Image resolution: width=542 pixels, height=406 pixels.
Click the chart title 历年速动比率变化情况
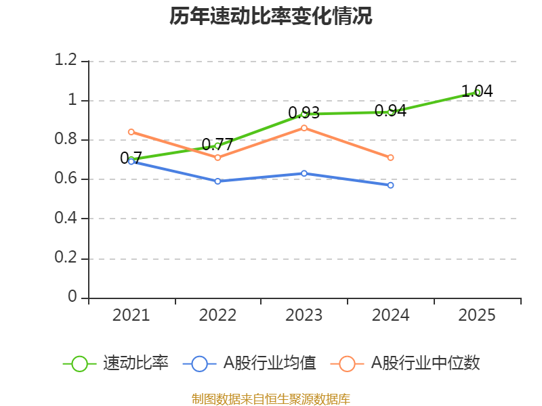tap(271, 16)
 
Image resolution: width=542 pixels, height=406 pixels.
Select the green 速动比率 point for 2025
tap(478, 92)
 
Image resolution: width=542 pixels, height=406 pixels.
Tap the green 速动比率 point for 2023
tap(304, 114)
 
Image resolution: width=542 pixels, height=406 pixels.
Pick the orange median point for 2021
tap(131, 132)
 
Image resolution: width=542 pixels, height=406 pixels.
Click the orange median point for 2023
tap(304, 128)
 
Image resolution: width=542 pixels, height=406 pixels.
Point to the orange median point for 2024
tap(391, 158)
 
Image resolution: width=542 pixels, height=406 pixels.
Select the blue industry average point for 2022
tap(217, 181)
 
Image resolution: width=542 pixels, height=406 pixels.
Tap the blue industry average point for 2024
tap(391, 185)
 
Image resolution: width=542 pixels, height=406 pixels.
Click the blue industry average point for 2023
tap(304, 173)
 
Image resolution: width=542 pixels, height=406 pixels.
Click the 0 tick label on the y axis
tap(72, 297)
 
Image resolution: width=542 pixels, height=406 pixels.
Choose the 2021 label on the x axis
tap(131, 315)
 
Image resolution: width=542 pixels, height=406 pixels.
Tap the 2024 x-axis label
tap(390, 315)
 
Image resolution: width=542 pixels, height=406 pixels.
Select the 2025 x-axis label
tap(477, 315)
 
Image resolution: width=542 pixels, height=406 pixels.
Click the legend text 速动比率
tap(135, 363)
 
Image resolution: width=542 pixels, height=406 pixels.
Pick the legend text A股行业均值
tap(270, 363)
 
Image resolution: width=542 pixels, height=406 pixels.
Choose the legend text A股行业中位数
tap(425, 363)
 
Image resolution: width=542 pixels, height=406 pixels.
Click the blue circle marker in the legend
tap(199, 364)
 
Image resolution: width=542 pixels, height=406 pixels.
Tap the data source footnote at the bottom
tap(271, 399)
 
